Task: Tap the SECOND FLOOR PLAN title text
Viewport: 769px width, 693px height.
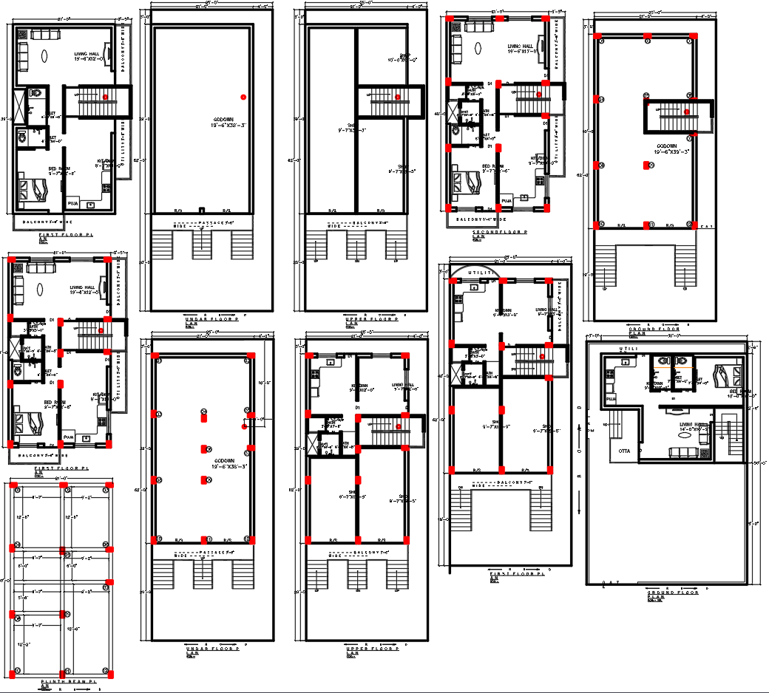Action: pyautogui.click(x=500, y=233)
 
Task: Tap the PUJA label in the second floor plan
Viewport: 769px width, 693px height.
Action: pyautogui.click(x=507, y=200)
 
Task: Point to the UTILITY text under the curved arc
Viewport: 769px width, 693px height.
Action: pyautogui.click(x=478, y=274)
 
